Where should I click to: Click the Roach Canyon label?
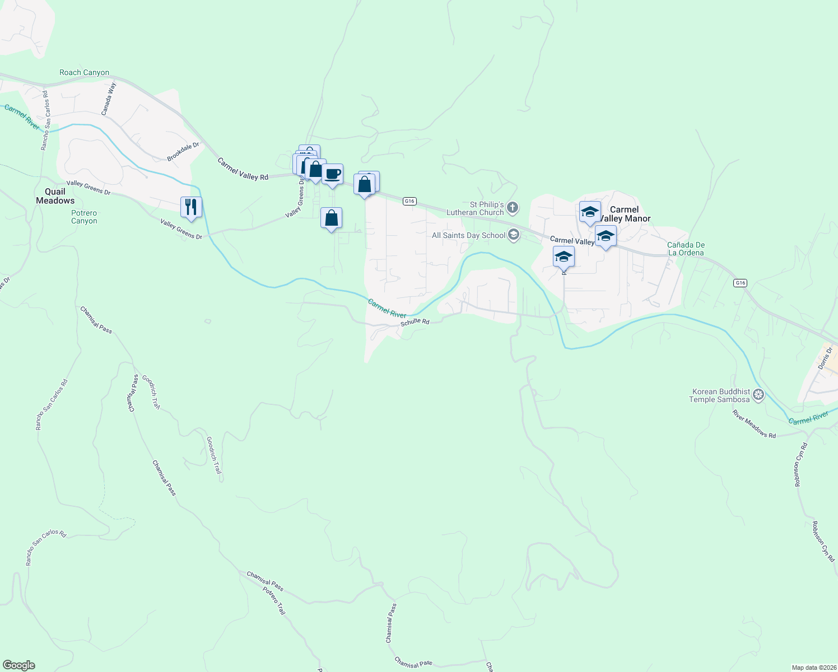pyautogui.click(x=85, y=73)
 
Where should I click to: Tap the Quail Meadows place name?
pyautogui.click(x=55, y=196)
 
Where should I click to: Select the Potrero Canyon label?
pyautogui.click(x=84, y=217)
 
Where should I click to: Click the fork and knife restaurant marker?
pyautogui.click(x=191, y=207)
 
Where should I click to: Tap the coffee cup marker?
pyautogui.click(x=333, y=174)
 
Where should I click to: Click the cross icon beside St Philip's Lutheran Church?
pyautogui.click(x=513, y=209)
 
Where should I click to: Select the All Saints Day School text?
pyautogui.click(x=468, y=235)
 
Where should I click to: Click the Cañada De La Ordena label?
pyautogui.click(x=686, y=249)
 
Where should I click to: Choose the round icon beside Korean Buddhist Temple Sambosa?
pyautogui.click(x=758, y=395)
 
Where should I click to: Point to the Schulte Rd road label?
pyautogui.click(x=415, y=322)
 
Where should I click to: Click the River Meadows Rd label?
pyautogui.click(x=754, y=424)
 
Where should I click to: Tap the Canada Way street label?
pyautogui.click(x=109, y=99)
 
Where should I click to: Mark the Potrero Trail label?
pyautogui.click(x=273, y=600)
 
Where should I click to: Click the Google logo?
pyautogui.click(x=18, y=665)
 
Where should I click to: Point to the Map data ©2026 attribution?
pyautogui.click(x=813, y=668)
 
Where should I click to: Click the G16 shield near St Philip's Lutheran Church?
pyautogui.click(x=410, y=201)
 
